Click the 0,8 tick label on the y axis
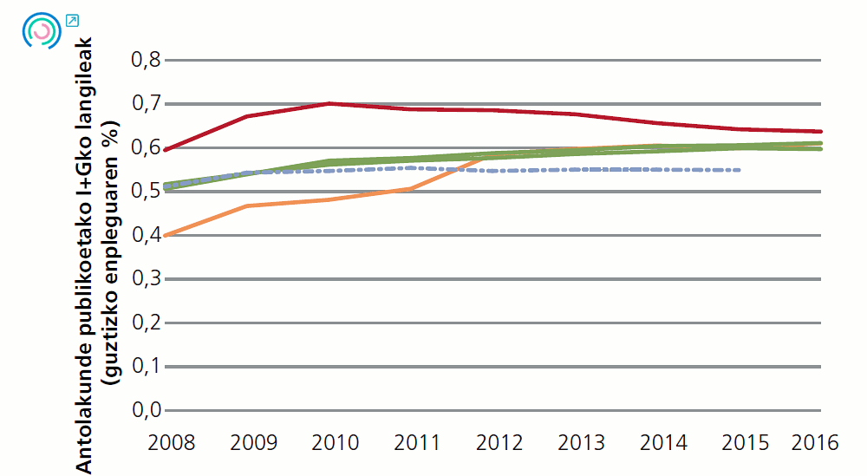pos(145,61)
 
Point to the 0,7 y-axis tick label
pos(145,104)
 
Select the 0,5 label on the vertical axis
pos(145,192)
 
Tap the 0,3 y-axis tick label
pos(145,279)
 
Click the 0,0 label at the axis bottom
pos(145,410)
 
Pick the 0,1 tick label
pos(145,367)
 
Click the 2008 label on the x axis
pos(172,443)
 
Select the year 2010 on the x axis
pos(336,443)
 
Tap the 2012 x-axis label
pos(499,443)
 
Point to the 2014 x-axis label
pos(664,443)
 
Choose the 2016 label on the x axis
pos(816,443)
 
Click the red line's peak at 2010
pos(329,103)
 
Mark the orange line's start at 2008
pos(166,235)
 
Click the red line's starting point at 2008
pos(166,150)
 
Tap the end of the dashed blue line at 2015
pos(739,170)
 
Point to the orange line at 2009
pos(248,206)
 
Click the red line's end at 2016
pos(820,132)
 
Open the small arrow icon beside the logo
pos(72,20)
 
